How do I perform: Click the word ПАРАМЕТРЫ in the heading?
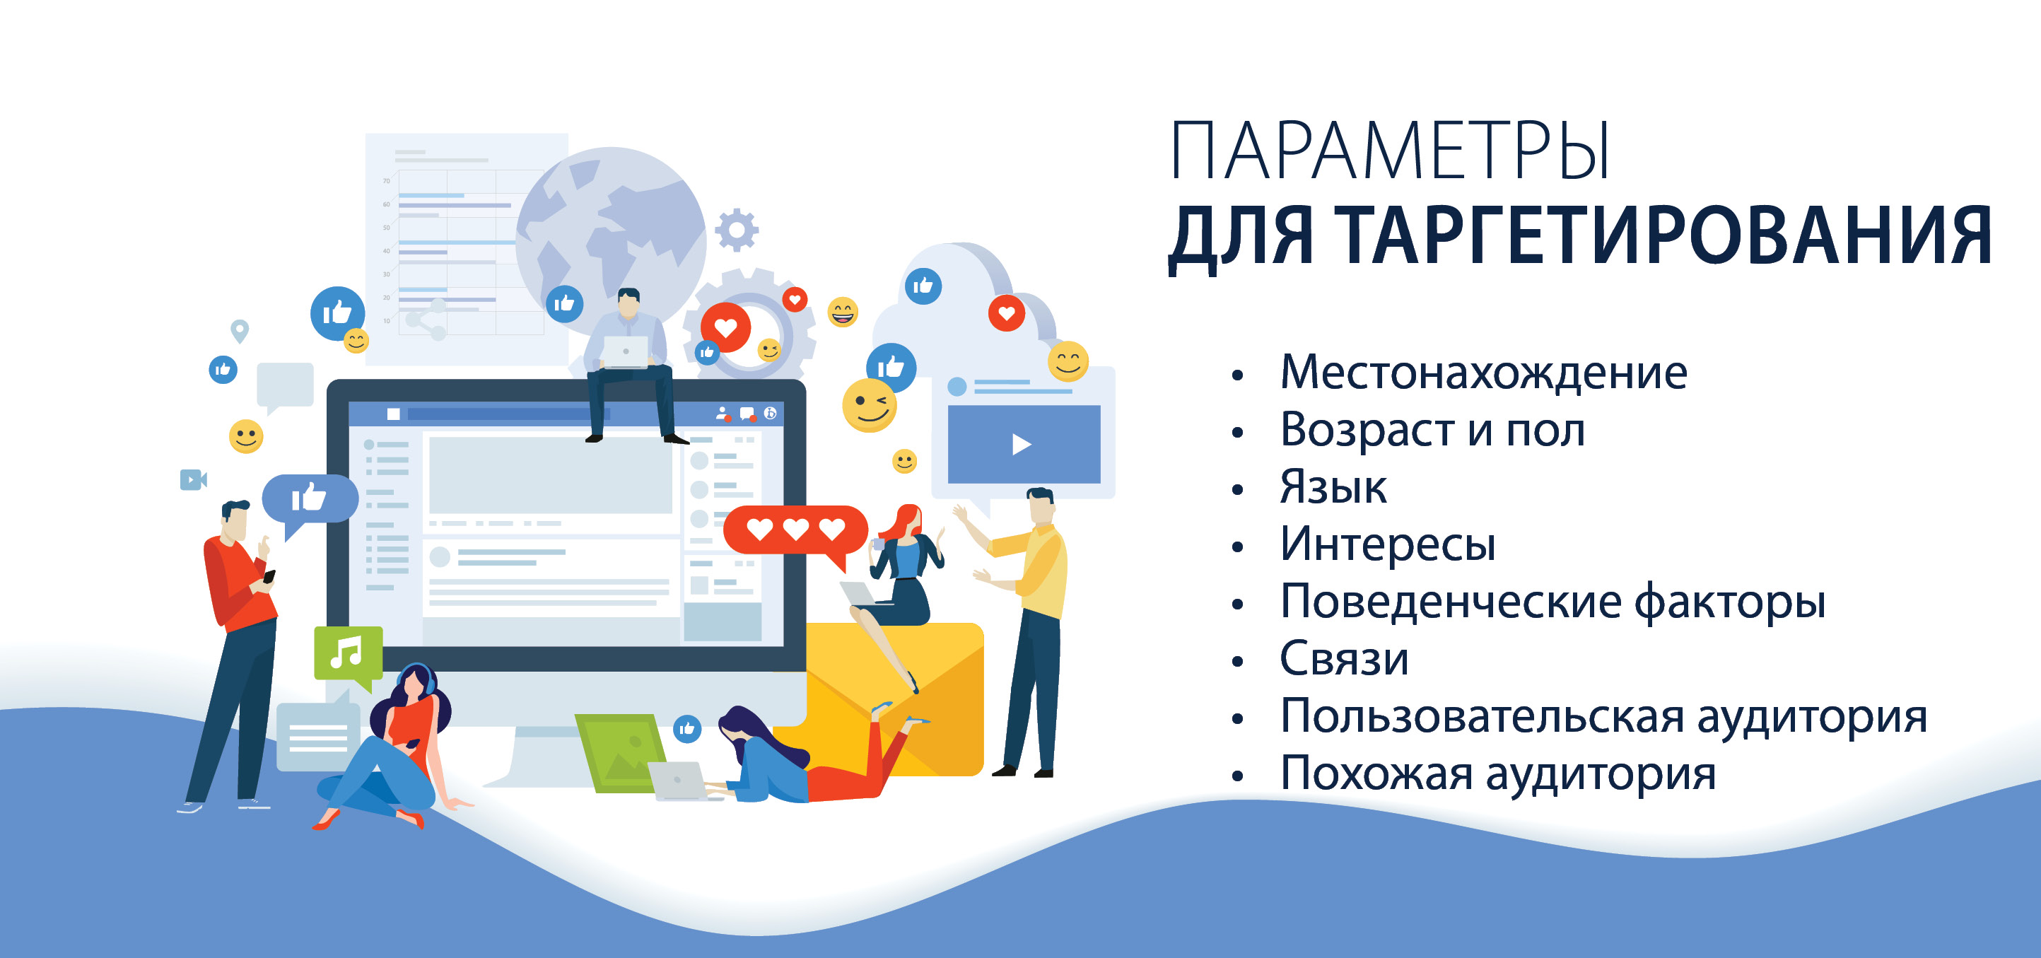[1390, 151]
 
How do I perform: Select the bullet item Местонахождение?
[1483, 372]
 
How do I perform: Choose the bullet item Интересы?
[1388, 544]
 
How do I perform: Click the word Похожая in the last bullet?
[1376, 773]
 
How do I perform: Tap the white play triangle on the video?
[1021, 445]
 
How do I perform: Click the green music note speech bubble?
[348, 658]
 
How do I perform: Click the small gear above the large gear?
[737, 230]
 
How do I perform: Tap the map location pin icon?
[239, 330]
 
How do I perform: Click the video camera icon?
[193, 479]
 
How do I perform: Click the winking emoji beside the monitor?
[869, 406]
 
